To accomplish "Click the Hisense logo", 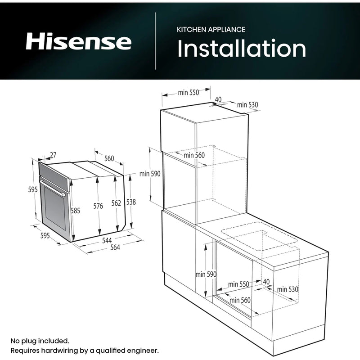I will pos(78,42).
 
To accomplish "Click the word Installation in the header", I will pos(242,49).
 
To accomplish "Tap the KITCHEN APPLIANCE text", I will pos(211,29).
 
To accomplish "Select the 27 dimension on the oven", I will pos(54,155).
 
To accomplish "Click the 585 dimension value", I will pos(75,210).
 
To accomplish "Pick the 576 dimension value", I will pos(98,206).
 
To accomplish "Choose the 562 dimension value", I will pos(116,203).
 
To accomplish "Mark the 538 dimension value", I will pos(130,202).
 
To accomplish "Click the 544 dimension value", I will pos(107,241).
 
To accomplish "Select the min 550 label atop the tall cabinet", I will pos(188,93).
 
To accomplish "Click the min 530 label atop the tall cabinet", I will pos(248,105).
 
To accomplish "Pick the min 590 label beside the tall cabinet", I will pos(149,174).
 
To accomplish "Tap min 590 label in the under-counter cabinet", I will pos(206,274).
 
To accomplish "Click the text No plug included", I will pos(40,341).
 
